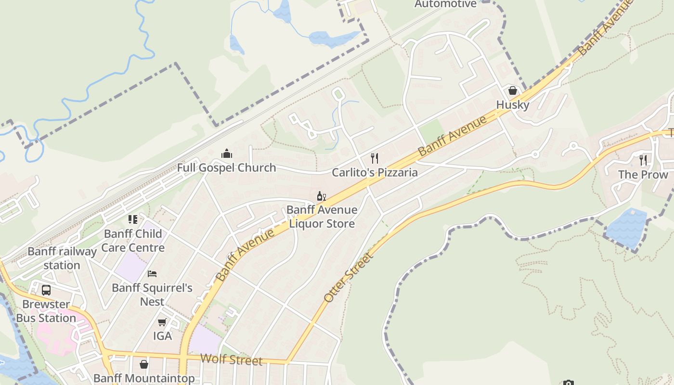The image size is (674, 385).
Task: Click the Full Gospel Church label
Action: [226, 168]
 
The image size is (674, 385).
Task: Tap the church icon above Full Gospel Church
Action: [227, 154]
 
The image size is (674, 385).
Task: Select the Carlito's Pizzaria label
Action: [375, 173]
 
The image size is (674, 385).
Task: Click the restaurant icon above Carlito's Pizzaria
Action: [375, 158]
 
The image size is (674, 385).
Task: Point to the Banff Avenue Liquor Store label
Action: [322, 217]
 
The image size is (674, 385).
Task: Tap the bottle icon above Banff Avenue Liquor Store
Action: [321, 196]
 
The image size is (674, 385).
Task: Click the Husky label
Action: [513, 105]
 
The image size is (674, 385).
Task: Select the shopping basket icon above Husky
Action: [513, 90]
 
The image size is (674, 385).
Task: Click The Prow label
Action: [643, 175]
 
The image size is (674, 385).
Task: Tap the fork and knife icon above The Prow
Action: [643, 160]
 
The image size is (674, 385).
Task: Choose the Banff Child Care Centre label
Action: [133, 241]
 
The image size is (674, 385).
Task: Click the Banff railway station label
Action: [62, 258]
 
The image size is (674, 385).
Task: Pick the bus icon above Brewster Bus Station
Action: [46, 290]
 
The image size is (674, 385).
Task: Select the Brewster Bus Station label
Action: [46, 311]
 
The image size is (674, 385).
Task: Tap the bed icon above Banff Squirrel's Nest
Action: [152, 274]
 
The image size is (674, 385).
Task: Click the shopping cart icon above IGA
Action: [162, 322]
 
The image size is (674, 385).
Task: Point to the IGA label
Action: [162, 336]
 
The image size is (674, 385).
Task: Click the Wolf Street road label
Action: [231, 359]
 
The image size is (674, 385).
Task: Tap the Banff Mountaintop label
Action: [144, 378]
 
